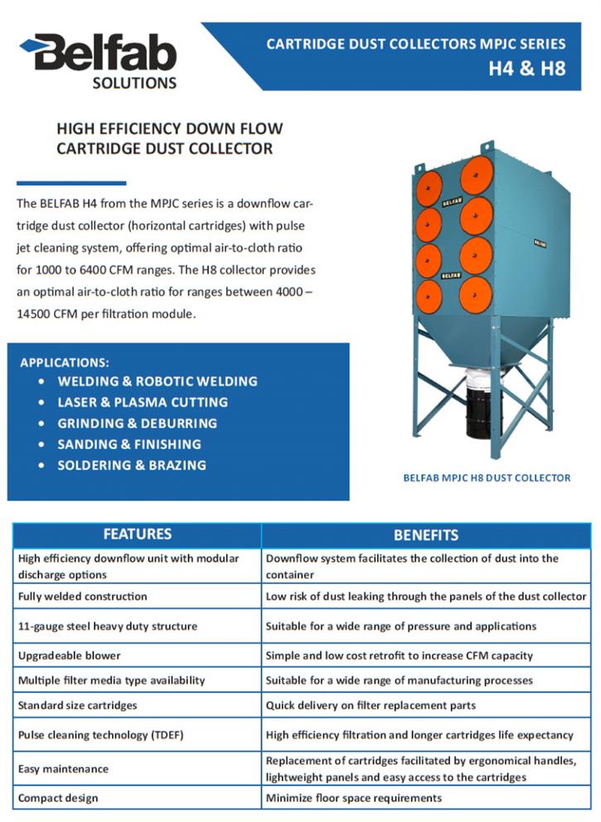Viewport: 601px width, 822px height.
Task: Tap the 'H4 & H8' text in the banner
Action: [x=526, y=68]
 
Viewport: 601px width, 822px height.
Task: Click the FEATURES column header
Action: [x=138, y=534]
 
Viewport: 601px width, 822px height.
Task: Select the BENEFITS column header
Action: [x=426, y=535]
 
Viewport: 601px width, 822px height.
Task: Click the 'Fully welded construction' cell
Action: [x=83, y=596]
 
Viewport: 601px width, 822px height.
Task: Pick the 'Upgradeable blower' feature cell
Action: [x=70, y=655]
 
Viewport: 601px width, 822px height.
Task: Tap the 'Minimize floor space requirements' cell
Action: [x=354, y=798]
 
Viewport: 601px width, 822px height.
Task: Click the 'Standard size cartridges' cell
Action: [x=78, y=705]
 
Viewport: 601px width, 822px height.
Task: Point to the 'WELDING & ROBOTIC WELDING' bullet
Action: [x=158, y=381]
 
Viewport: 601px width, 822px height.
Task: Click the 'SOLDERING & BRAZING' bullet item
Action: [x=132, y=465]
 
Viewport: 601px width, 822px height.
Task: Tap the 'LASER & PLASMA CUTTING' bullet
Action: [x=143, y=402]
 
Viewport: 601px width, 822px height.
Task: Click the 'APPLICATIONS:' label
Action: [x=65, y=362]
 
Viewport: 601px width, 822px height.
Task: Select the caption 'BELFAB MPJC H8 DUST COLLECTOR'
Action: [x=487, y=477]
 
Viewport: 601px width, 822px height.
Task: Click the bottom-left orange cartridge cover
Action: [x=429, y=297]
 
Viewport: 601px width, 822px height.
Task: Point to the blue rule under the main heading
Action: [x=71, y=183]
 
